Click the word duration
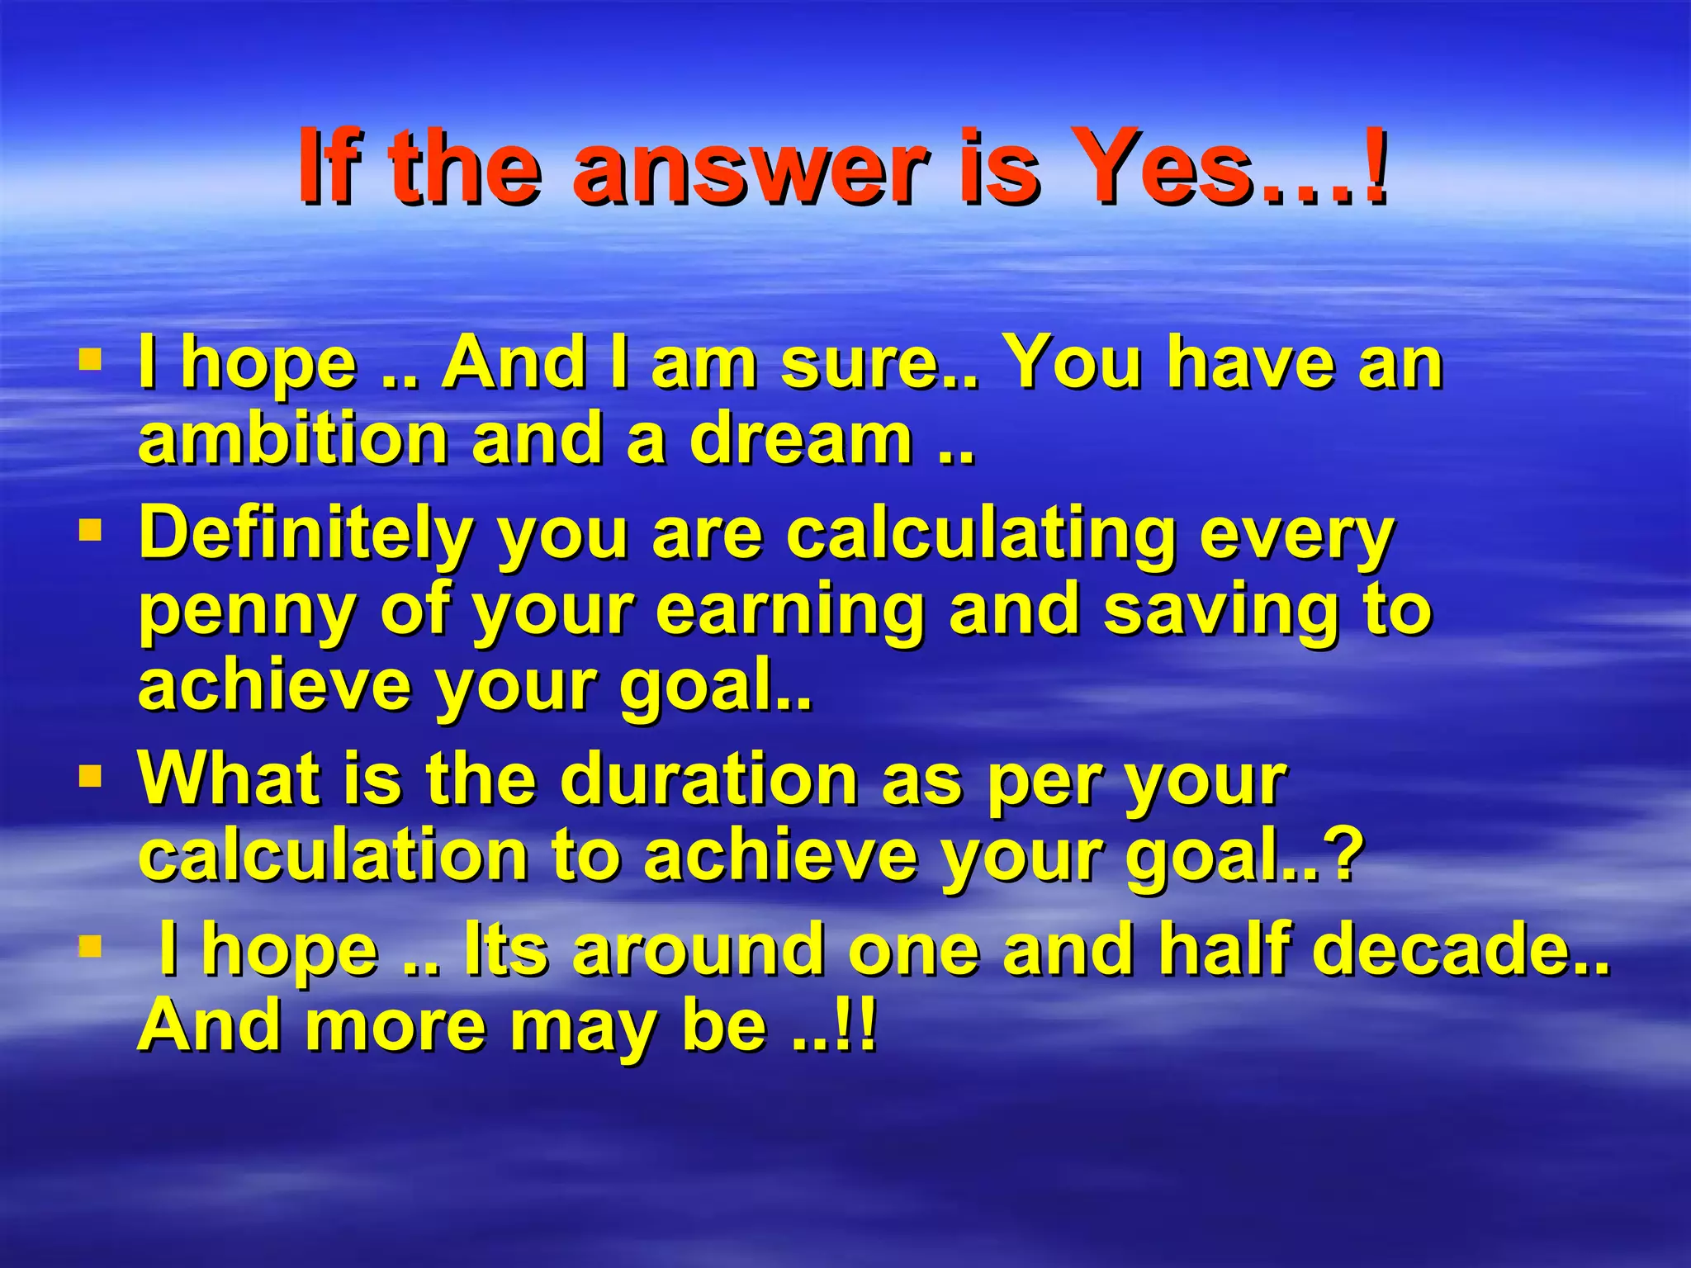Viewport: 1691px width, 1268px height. coord(709,779)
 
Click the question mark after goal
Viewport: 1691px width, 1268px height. coord(1337,855)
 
